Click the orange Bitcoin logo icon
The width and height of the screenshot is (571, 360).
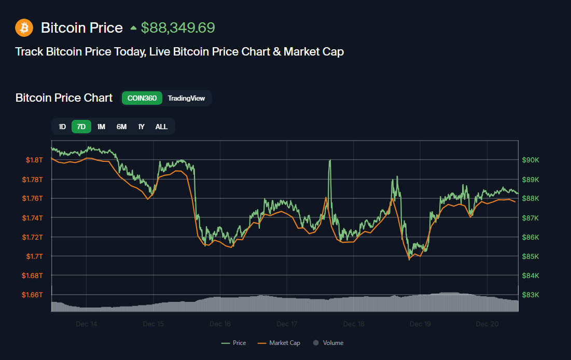(x=24, y=27)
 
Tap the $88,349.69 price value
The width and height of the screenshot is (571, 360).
(x=178, y=27)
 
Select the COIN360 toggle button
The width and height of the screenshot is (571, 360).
(x=142, y=98)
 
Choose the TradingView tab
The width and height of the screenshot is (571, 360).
(x=186, y=98)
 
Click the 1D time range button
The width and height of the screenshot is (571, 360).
(x=62, y=127)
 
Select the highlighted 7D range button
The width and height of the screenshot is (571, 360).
(x=81, y=127)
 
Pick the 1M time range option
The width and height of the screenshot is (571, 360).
(x=101, y=127)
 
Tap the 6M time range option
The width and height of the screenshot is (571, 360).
(x=121, y=127)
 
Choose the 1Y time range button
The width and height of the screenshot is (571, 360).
(x=141, y=127)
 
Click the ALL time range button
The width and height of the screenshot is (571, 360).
(x=161, y=127)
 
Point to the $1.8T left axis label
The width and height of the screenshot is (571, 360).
(x=34, y=160)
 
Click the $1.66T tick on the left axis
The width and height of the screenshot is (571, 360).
(x=32, y=295)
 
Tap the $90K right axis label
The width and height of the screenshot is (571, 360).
(x=530, y=160)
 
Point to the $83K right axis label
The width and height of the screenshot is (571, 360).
(x=530, y=295)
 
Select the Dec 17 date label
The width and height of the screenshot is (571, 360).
(x=287, y=324)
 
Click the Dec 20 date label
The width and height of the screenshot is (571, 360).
(x=487, y=324)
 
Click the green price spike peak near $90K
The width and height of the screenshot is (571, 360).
(x=330, y=161)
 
